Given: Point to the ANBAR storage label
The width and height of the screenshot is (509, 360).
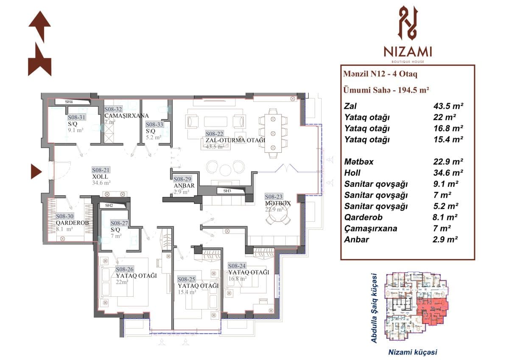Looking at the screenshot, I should pyautogui.click(x=184, y=186).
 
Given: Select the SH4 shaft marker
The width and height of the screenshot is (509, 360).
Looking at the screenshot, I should pyautogui.click(x=69, y=102).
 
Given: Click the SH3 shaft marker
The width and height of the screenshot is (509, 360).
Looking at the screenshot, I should pyautogui.click(x=227, y=191).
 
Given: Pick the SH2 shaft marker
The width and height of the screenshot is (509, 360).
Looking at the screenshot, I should pyautogui.click(x=109, y=206).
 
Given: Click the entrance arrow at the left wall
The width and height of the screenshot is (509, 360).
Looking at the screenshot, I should pyautogui.click(x=36, y=172).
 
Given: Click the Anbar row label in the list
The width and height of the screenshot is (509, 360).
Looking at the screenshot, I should pyautogui.click(x=357, y=239).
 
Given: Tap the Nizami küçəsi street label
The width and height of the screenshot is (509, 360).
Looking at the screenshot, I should pyautogui.click(x=412, y=352).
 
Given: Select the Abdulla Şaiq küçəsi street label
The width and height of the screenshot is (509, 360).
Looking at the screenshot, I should pyautogui.click(x=375, y=307).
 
